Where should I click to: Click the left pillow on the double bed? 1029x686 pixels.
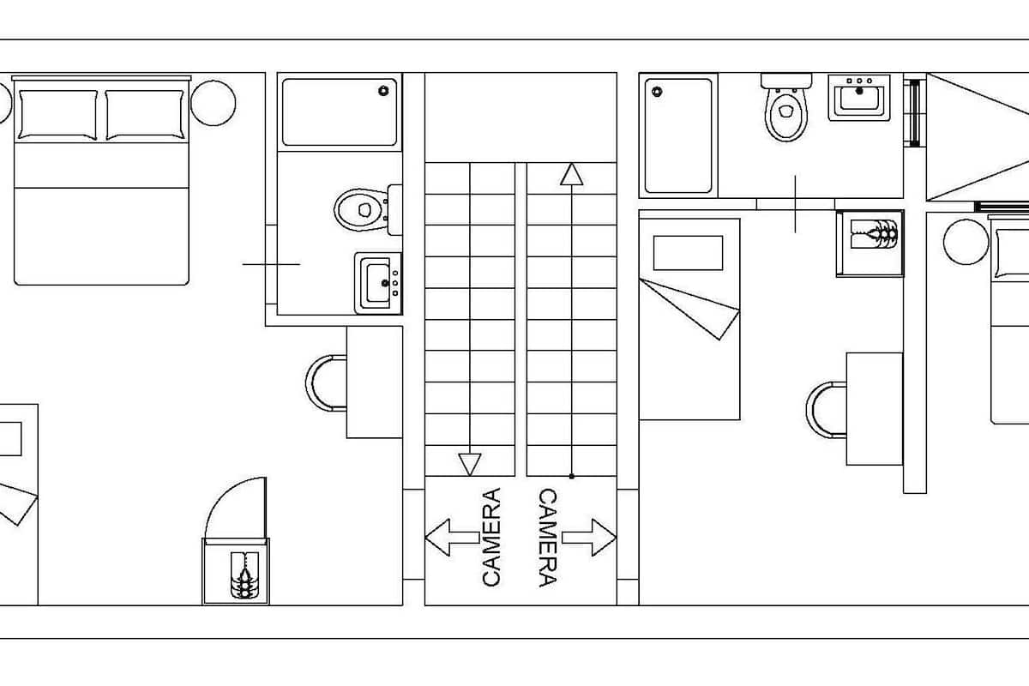(x=57, y=114)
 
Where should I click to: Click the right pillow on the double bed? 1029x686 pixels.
(x=145, y=114)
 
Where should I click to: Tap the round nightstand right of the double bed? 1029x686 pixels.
(x=214, y=103)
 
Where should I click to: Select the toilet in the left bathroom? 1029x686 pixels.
(x=369, y=210)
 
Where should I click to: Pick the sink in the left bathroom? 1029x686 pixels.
(x=378, y=283)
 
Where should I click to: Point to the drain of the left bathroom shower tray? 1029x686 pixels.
(x=383, y=91)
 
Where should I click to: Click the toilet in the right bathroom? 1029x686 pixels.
(x=786, y=107)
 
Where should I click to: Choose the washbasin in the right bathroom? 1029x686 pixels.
(x=859, y=98)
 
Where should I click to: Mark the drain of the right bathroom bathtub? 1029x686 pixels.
(x=657, y=92)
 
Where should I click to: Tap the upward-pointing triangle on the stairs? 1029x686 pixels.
(x=571, y=175)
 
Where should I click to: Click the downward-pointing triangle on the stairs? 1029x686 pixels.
(x=470, y=465)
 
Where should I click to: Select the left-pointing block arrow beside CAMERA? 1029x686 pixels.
(x=453, y=537)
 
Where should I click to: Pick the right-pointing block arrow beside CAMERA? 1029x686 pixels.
(x=588, y=537)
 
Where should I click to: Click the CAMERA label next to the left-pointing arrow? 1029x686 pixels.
(x=491, y=537)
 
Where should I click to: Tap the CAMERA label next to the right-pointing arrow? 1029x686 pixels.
(x=548, y=537)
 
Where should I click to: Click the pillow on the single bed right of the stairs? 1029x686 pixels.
(x=688, y=253)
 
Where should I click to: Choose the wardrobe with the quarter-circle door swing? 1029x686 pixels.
(x=236, y=571)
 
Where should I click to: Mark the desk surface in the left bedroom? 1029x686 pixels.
(x=375, y=382)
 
